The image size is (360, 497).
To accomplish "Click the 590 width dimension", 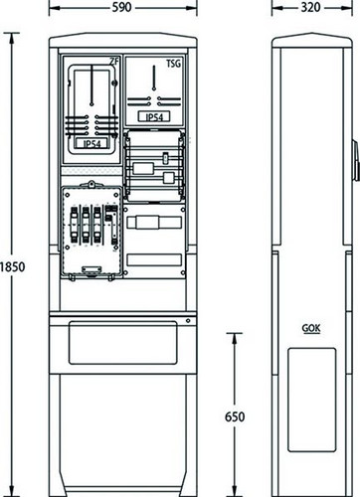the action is [121, 7].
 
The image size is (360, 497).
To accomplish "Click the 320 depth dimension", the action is [311, 7].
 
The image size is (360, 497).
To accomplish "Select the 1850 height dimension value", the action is [12, 266].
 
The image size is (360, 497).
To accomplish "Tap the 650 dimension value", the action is [235, 416].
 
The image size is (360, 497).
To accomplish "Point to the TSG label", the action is [174, 64].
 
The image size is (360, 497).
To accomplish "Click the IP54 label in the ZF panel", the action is [91, 144].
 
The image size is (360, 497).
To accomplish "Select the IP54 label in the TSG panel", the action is [154, 117].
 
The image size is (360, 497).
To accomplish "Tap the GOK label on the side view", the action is [311, 328].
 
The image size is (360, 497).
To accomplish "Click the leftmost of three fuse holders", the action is [74, 225].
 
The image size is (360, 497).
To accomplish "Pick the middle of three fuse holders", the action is [86, 225].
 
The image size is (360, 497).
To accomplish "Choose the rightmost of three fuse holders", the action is [96, 225].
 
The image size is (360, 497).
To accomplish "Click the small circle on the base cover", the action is [188, 321].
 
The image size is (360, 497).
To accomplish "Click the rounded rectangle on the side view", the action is [311, 400].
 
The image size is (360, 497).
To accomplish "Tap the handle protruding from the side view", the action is [355, 161].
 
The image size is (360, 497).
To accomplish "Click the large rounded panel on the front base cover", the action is [123, 343].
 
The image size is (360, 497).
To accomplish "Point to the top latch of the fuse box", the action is [90, 184].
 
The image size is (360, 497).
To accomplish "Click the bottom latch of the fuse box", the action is [91, 270].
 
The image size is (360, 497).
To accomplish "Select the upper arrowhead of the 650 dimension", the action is [235, 338].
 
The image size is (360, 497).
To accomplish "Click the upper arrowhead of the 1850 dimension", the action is [12, 38].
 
